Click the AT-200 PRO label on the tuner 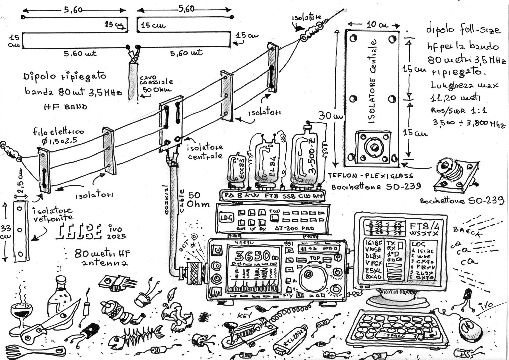(294, 228)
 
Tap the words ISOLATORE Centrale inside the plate (372, 81)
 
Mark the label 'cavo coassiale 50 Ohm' (155, 84)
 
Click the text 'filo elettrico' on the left (58, 131)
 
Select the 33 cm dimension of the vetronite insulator (6, 232)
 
